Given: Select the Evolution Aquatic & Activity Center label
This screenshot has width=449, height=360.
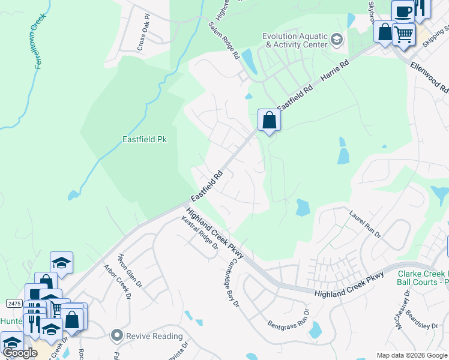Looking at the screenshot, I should [295, 40].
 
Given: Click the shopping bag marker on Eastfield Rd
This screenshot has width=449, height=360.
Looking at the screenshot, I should [270, 121].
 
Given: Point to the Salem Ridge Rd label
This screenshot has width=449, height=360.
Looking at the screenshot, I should [224, 41].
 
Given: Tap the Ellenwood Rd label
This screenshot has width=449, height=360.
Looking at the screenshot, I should [430, 76].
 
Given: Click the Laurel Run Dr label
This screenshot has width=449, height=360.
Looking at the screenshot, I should [366, 223].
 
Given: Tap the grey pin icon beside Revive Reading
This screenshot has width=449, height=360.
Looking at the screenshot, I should [116, 335].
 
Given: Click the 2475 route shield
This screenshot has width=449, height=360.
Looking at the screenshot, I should [14, 301].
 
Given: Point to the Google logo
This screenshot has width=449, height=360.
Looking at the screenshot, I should [20, 352].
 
